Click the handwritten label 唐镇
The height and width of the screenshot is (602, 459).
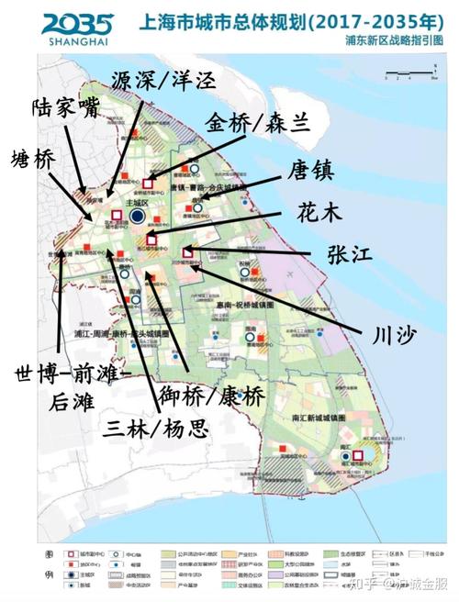(309, 171)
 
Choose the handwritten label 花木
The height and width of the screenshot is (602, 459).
(319, 213)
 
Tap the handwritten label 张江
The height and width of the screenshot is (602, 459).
(348, 255)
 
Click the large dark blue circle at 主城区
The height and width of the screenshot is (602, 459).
(137, 216)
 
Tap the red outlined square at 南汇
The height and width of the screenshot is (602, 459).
(359, 454)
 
